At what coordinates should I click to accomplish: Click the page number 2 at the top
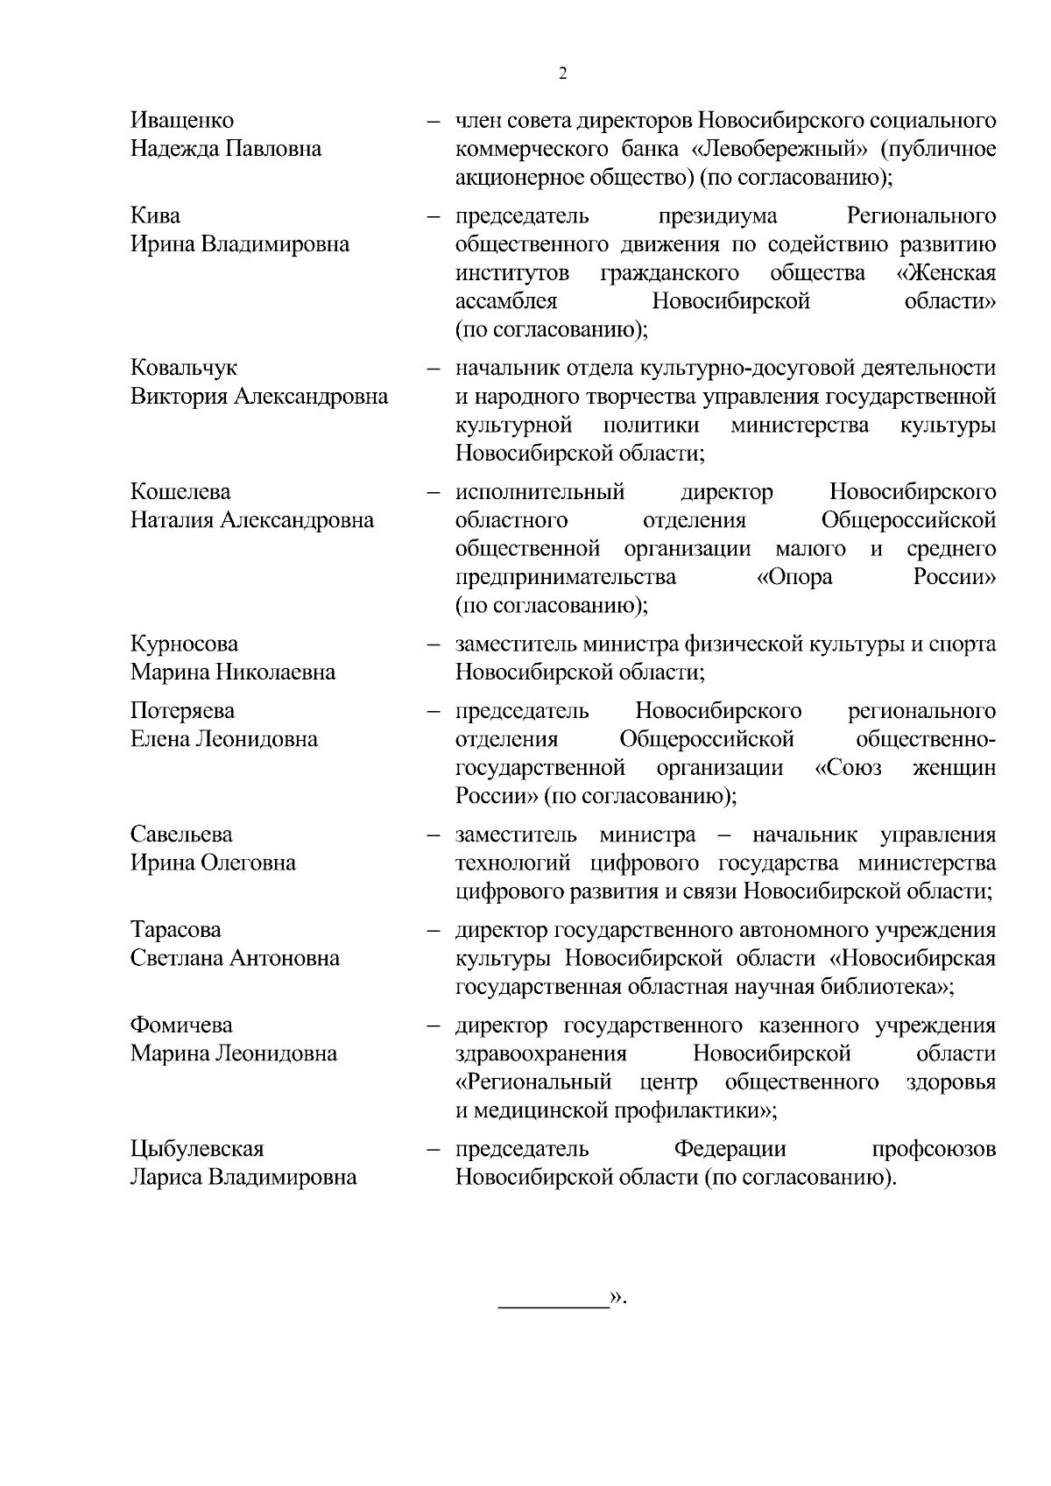[x=562, y=74]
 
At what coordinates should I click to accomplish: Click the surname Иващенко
[x=182, y=120]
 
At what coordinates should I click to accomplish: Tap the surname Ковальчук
[x=183, y=368]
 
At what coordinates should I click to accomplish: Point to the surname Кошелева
[x=180, y=491]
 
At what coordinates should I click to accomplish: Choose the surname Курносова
[x=184, y=644]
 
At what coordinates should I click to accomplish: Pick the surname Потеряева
[x=182, y=710]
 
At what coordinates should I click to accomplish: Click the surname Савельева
[x=181, y=834]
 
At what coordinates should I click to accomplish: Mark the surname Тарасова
[x=175, y=929]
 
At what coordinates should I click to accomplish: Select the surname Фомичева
[x=181, y=1025]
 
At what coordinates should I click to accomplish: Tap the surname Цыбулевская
[x=197, y=1148]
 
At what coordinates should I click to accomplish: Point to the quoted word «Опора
[x=794, y=577]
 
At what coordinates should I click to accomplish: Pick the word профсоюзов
[x=934, y=1148]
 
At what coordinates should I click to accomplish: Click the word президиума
[x=717, y=215]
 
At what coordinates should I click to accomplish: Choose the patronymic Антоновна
[x=285, y=958]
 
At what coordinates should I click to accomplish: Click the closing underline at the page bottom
[x=553, y=1308]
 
